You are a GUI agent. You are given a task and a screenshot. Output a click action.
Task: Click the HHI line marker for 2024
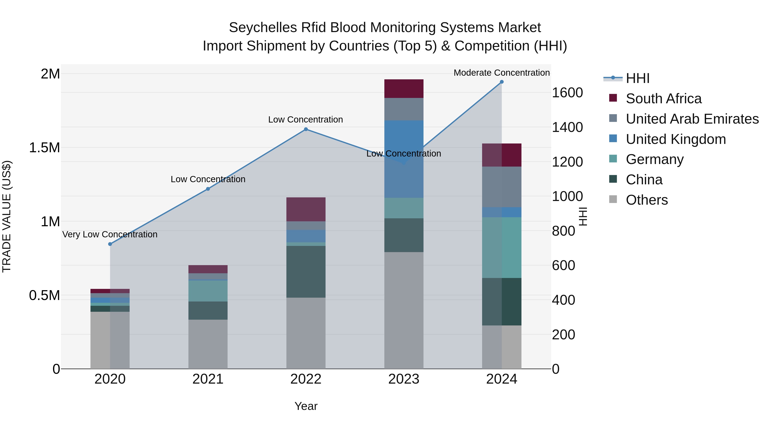(x=502, y=82)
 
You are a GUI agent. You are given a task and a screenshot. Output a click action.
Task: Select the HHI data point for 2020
(x=110, y=244)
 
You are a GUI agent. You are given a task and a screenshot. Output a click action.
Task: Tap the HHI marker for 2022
(x=306, y=129)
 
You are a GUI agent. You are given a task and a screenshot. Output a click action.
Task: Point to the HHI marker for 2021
(x=208, y=189)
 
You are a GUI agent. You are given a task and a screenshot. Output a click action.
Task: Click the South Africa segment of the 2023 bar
(x=404, y=89)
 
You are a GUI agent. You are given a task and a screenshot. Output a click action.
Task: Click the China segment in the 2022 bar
(x=306, y=271)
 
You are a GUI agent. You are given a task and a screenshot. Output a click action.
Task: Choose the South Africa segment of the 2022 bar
(x=306, y=209)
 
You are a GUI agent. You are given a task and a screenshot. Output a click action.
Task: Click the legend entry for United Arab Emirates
(x=692, y=119)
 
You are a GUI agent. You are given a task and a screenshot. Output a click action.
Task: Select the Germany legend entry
(x=655, y=160)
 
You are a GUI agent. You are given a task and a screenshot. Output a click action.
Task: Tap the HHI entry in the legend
(x=637, y=78)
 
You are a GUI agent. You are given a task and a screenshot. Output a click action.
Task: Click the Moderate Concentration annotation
(x=502, y=73)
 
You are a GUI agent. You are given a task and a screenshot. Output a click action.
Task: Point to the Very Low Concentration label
(x=110, y=235)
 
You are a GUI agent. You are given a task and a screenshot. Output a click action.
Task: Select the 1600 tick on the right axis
(x=567, y=93)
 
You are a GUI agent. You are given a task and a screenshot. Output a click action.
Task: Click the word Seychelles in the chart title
(x=262, y=28)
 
